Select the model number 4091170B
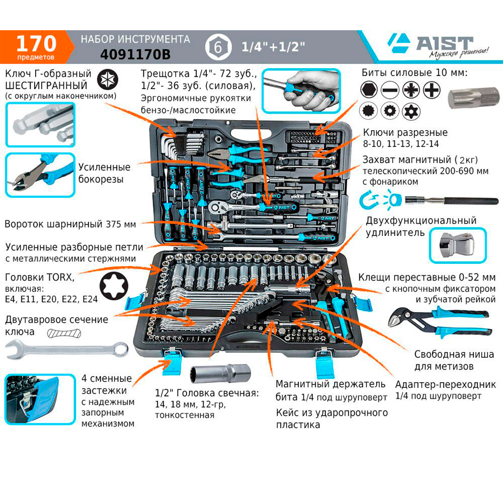point(135,55)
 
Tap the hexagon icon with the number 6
point(218,47)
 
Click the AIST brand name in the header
point(445,43)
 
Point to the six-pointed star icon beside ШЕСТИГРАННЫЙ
point(107,79)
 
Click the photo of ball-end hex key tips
point(40,125)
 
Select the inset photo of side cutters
point(40,175)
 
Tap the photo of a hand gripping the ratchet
point(301,91)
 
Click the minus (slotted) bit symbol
point(390,89)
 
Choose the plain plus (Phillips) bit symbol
point(431,89)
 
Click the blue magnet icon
point(367,200)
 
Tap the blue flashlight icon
point(391,200)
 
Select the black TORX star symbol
point(114,286)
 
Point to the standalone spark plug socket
point(221,373)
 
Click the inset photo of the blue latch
point(40,400)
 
